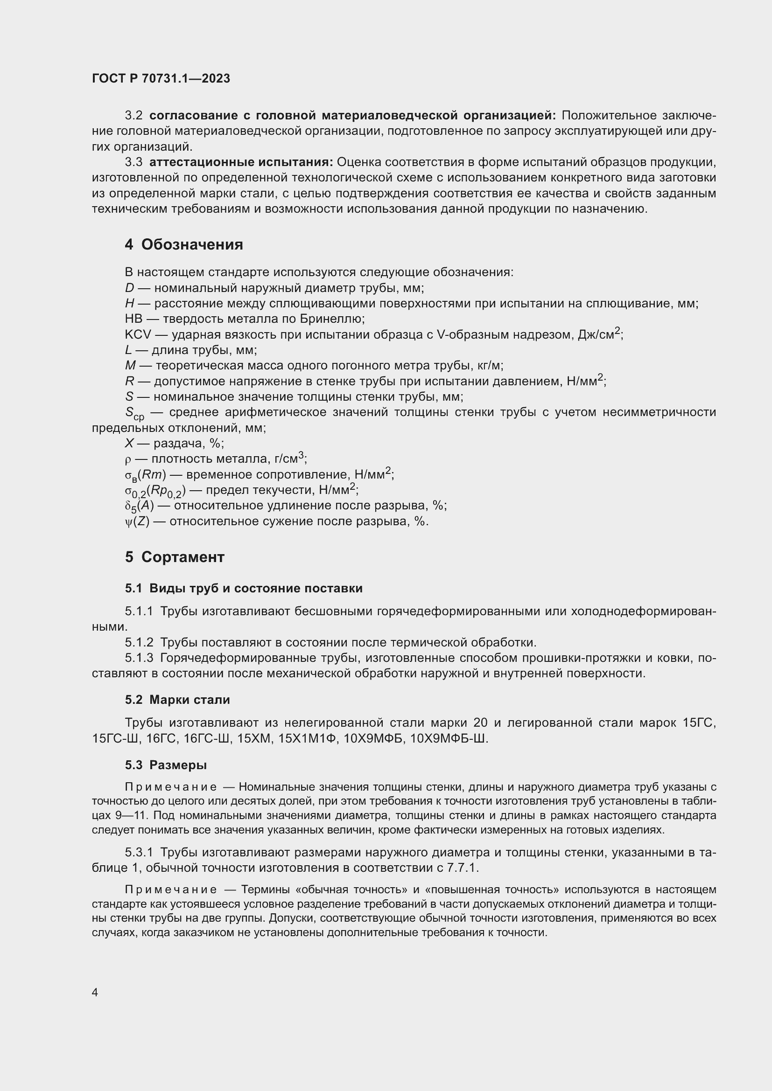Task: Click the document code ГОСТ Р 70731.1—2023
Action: pos(161,79)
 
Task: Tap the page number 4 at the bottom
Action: pos(95,992)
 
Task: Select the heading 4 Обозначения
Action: pos(184,245)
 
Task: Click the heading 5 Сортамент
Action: pos(175,557)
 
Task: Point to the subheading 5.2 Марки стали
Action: pos(177,700)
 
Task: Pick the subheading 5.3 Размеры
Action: pos(166,765)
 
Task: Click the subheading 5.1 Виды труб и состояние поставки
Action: pos(243,588)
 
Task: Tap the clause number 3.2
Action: pos(133,116)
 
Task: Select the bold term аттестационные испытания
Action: pos(241,162)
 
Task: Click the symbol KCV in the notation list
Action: pos(138,335)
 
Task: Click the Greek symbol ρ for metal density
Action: pos(127,459)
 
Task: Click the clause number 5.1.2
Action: pos(139,642)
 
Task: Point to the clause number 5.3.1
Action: pos(139,853)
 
